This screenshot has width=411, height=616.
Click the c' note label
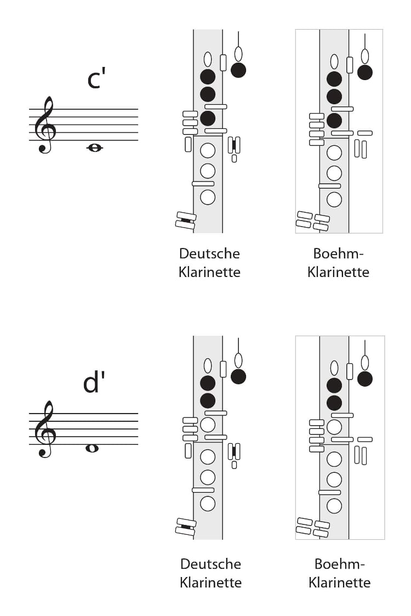[96, 78]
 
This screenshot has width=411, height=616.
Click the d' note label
[94, 382]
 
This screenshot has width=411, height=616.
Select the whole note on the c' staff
[94, 148]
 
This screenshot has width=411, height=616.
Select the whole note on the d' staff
[92, 448]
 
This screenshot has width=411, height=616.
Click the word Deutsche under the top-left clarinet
[209, 253]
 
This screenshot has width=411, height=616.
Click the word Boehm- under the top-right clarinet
[338, 253]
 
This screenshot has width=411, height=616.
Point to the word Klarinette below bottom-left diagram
[210, 582]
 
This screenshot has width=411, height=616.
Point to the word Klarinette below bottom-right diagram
[339, 582]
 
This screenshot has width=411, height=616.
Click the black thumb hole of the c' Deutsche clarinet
[238, 70]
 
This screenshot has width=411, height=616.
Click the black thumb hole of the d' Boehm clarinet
[364, 378]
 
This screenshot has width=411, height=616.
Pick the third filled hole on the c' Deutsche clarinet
[208, 118]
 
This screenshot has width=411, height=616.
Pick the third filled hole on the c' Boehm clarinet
[334, 121]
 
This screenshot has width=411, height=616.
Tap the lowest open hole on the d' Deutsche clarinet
[208, 504]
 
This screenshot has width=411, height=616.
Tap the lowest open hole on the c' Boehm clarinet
[334, 200]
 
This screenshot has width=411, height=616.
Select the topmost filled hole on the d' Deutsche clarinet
[208, 383]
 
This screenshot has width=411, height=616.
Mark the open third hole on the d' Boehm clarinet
[334, 427]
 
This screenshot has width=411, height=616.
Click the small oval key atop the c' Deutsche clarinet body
[208, 59]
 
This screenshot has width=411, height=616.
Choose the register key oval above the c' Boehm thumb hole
[364, 56]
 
